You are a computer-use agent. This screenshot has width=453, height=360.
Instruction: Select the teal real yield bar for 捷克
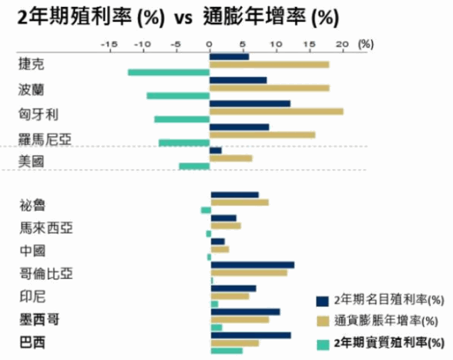[168, 72]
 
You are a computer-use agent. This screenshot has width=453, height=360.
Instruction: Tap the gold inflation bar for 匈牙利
[277, 111]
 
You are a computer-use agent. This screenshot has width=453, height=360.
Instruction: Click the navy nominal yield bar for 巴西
[251, 335]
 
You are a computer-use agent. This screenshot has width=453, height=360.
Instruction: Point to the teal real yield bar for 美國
[194, 166]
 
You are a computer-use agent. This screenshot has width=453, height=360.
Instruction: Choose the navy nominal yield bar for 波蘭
[239, 81]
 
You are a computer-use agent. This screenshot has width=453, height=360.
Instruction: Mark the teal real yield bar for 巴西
[226, 351]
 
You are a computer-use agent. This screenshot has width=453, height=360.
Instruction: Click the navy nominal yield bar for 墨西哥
[245, 312]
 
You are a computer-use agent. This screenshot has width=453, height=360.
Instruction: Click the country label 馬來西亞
[45, 228]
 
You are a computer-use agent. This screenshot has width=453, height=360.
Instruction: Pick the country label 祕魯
[32, 206]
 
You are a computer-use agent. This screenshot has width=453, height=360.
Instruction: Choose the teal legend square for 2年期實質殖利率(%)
[323, 344]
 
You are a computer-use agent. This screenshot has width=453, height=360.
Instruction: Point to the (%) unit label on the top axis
[365, 44]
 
